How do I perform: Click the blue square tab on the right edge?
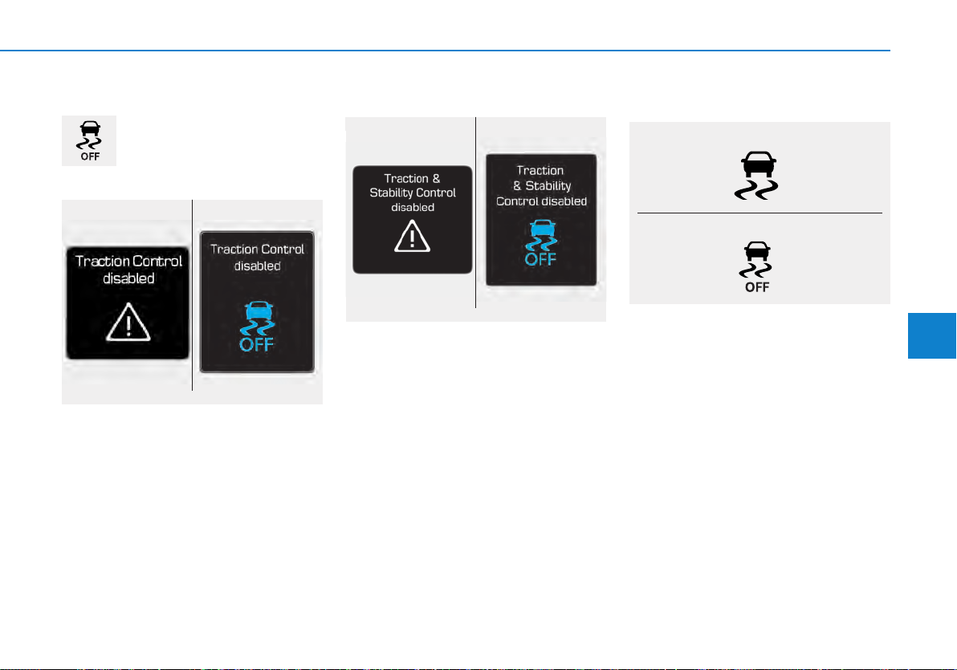point(932,335)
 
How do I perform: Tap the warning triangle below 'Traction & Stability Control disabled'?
point(413,236)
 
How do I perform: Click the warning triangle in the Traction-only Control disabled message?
point(128,322)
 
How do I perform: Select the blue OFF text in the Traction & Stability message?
point(541,259)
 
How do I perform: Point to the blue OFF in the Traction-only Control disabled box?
point(256,345)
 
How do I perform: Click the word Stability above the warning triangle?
point(389,193)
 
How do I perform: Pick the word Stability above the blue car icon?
point(548,185)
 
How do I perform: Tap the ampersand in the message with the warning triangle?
point(437,178)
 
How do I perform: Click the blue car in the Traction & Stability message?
point(543,228)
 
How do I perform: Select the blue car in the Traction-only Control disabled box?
point(259,311)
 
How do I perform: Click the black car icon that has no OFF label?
point(758,164)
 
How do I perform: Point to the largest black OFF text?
point(757,286)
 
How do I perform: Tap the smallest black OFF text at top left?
point(91,156)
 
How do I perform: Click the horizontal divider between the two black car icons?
point(759,213)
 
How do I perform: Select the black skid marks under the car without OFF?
point(756,189)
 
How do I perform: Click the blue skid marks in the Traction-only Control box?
point(257,328)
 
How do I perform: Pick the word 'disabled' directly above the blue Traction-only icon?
point(258,266)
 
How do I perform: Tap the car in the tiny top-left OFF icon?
point(91,128)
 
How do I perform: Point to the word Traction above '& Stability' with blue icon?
point(540,170)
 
